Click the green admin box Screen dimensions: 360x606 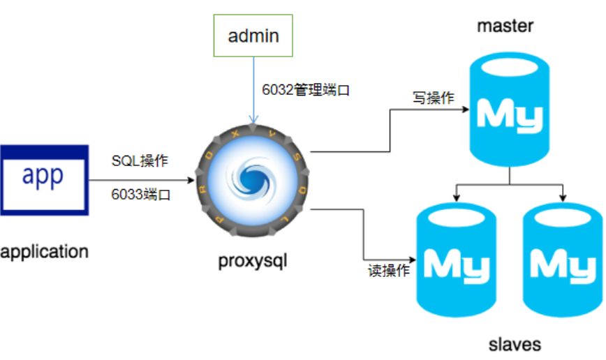253,36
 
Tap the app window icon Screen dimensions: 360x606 44,179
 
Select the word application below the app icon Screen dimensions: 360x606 45,251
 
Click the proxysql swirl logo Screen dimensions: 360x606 252,179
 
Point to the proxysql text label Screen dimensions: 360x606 253,262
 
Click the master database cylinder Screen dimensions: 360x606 510,112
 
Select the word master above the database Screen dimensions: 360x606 505,27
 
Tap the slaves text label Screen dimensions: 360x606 515,344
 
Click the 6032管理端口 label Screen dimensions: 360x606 306,90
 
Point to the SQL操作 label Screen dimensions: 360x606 140,160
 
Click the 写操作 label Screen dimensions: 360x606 433,98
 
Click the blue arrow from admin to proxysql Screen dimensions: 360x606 251,91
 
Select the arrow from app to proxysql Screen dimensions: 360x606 140,179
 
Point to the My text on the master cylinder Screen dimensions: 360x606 510,116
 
